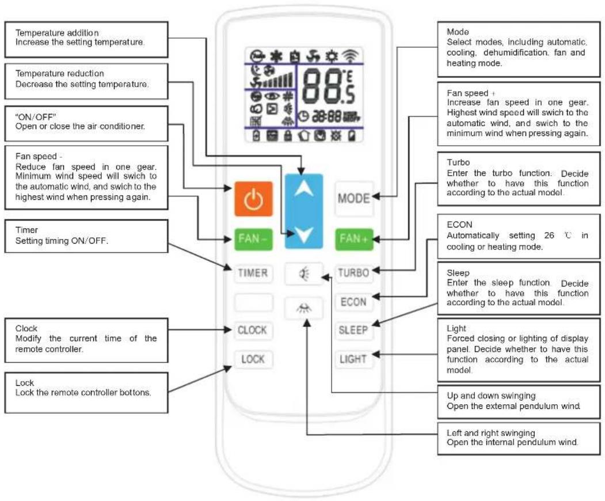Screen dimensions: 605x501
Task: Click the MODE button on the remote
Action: click(x=354, y=199)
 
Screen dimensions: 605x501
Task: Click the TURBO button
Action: click(x=353, y=273)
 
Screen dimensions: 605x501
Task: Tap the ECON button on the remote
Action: click(x=353, y=302)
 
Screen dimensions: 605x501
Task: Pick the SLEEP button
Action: click(x=353, y=330)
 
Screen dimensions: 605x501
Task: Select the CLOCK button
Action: click(x=253, y=331)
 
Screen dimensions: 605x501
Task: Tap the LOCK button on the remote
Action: click(x=253, y=359)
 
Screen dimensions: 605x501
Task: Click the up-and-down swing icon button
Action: click(x=304, y=274)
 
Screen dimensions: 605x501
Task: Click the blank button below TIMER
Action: click(x=253, y=302)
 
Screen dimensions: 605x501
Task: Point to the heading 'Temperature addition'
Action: click(x=57, y=33)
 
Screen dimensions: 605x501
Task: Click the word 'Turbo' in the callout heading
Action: click(x=458, y=162)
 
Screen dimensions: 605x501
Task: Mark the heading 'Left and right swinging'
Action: click(x=491, y=432)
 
